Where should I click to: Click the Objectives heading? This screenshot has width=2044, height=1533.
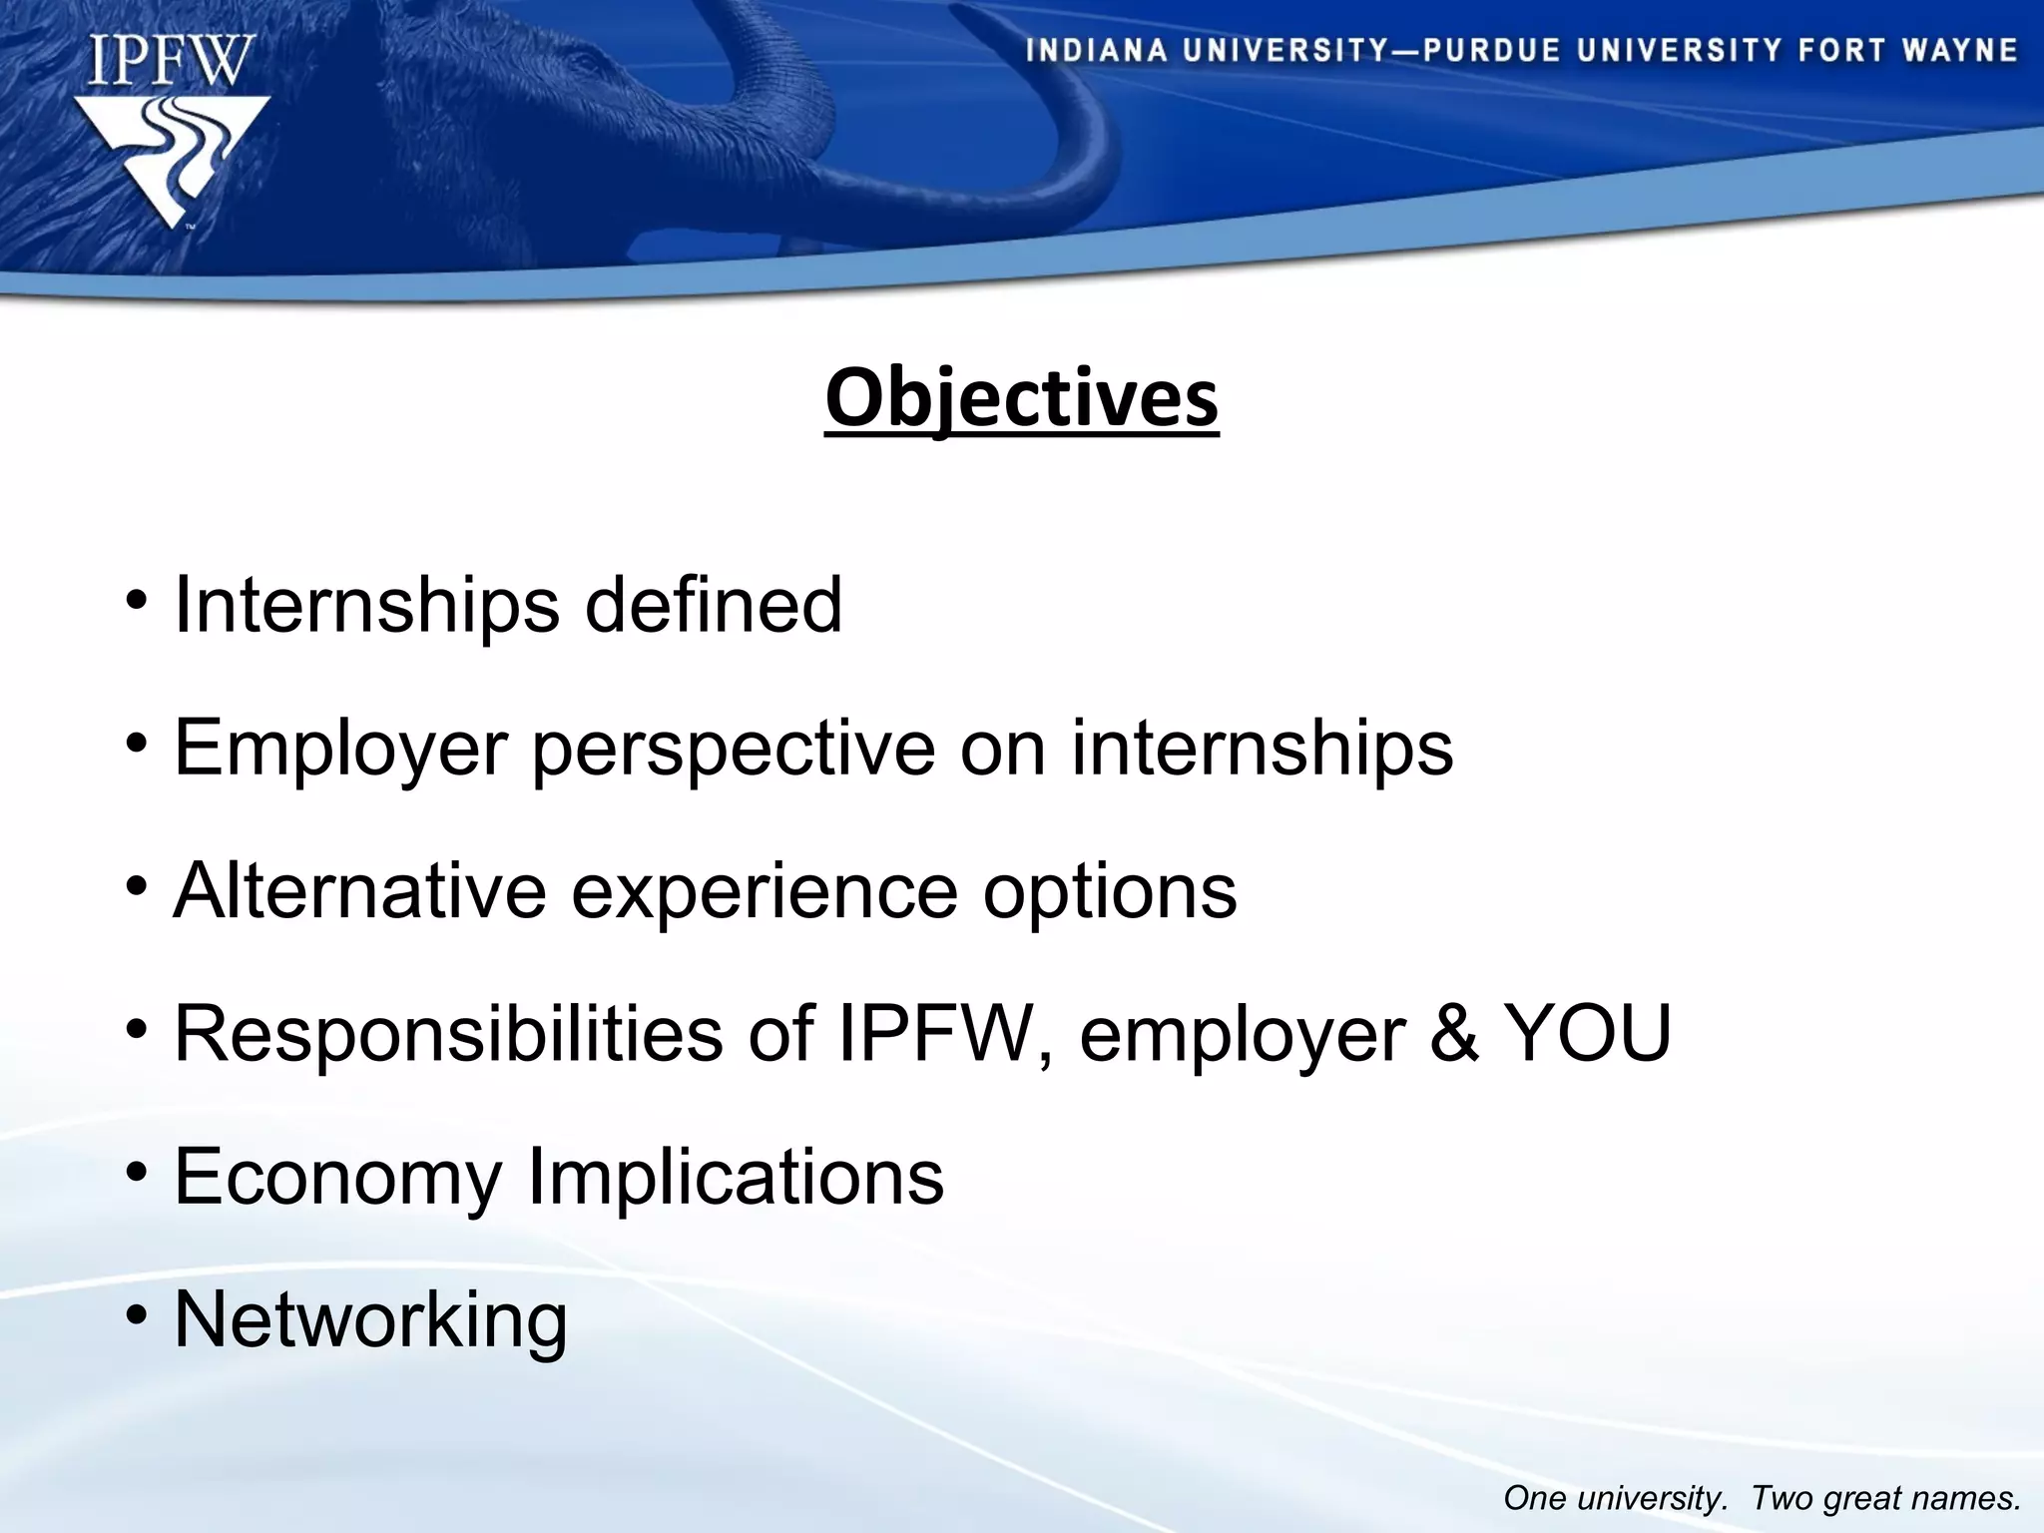(1021, 398)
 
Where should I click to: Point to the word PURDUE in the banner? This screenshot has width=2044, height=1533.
(1491, 51)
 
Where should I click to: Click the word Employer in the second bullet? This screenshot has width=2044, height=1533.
(341, 749)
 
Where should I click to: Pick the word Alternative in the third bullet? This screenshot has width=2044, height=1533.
(359, 890)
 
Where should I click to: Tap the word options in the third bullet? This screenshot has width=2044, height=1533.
(1110, 890)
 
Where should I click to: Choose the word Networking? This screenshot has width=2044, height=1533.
(370, 1319)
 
